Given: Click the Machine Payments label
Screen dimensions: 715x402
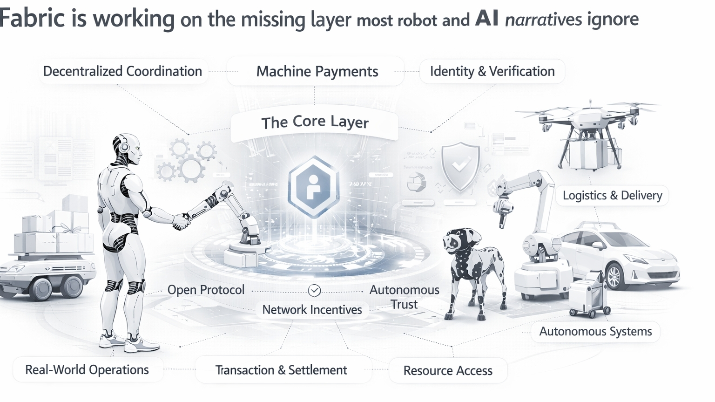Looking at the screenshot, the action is (317, 71).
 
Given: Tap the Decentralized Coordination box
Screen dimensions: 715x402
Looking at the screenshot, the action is (122, 71).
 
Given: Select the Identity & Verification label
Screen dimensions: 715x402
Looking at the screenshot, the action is (492, 71).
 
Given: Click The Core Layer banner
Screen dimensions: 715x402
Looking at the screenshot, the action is (315, 122).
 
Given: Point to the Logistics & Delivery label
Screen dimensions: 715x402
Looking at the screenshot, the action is (612, 195).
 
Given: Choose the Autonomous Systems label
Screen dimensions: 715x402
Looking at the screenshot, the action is (595, 332).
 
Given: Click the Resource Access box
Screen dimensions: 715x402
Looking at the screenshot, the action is (447, 371).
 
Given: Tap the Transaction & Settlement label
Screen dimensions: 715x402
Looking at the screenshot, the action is (281, 370).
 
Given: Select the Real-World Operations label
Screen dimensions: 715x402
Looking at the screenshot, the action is (87, 370).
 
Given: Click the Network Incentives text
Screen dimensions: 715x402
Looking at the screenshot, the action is (312, 310).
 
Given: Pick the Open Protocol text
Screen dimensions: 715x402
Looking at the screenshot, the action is (206, 290).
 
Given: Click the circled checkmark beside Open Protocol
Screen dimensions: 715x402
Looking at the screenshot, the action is (314, 291).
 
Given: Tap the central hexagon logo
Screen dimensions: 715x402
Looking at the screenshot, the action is (314, 186).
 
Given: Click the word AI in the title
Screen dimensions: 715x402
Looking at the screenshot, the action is (486, 19).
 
